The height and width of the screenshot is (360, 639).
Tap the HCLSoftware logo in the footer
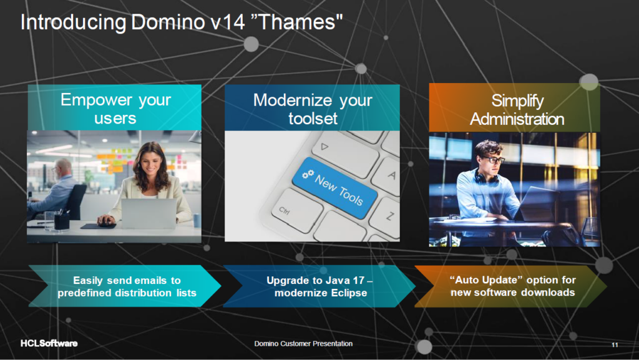(x=49, y=343)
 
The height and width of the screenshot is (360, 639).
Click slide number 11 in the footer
(x=615, y=345)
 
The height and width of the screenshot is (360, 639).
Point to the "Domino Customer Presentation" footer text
(x=303, y=344)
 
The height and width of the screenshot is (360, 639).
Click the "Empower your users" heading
(x=115, y=109)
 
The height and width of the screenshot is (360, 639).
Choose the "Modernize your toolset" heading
(x=313, y=109)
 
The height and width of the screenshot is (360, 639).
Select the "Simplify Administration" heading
(x=517, y=110)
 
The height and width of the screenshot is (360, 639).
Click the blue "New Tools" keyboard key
(x=334, y=188)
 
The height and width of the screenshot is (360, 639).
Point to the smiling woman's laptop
(x=149, y=213)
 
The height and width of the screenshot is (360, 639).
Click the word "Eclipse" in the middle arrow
(x=347, y=293)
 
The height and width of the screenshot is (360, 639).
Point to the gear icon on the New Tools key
(x=308, y=174)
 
